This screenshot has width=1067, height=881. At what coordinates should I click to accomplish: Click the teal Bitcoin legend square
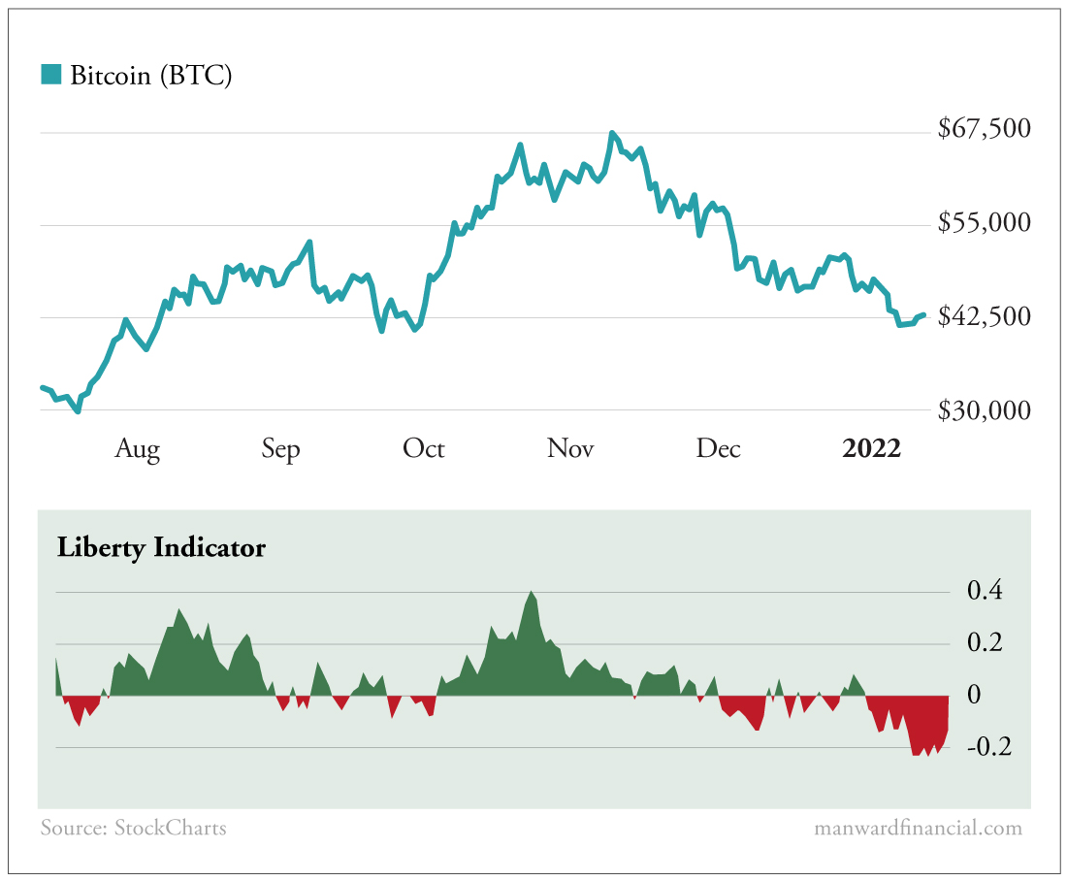[x=50, y=74]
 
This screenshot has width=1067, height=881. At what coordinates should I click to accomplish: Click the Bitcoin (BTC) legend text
[x=150, y=75]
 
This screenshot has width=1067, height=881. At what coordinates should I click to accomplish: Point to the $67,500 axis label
[x=984, y=129]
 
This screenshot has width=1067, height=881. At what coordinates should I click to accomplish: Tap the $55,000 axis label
[x=984, y=223]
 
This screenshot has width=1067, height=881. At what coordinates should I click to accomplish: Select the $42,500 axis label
[x=984, y=316]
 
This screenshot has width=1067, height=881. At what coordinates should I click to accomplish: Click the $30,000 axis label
[x=984, y=410]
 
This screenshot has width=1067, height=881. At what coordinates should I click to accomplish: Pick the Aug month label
[x=137, y=449]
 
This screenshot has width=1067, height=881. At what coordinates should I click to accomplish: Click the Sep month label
[x=280, y=449]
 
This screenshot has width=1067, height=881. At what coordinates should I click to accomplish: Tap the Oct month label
[x=424, y=449]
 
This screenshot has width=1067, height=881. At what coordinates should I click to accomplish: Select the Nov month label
[x=570, y=449]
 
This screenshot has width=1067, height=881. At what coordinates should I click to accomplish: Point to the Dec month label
[x=719, y=449]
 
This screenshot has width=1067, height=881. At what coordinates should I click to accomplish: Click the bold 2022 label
[x=871, y=449]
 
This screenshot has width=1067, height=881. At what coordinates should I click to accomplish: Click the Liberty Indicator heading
[x=161, y=547]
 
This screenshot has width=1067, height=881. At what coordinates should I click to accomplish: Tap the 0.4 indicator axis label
[x=985, y=591]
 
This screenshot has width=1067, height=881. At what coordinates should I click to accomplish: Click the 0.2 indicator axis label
[x=985, y=643]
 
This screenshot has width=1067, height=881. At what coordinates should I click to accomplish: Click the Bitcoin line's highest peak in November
[x=612, y=133]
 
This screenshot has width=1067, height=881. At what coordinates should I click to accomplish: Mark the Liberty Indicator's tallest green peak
[x=532, y=592]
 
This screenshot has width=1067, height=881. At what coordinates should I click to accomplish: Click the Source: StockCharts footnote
[x=133, y=828]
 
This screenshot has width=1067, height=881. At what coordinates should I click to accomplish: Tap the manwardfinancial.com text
[x=918, y=828]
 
